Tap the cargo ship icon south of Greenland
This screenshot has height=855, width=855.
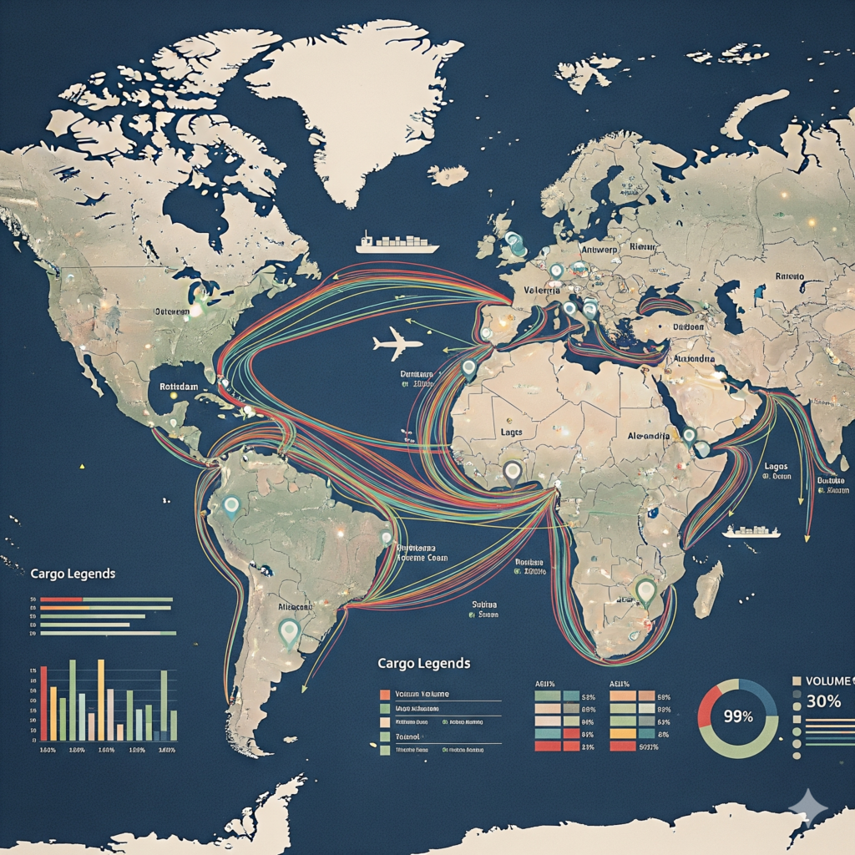pyautogui.click(x=397, y=244)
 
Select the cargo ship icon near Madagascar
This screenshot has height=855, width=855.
pyautogui.click(x=751, y=531)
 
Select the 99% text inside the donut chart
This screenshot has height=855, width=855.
pyautogui.click(x=738, y=716)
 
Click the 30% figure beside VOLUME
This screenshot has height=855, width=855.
pyautogui.click(x=823, y=701)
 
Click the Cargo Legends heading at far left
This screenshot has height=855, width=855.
pyautogui.click(x=73, y=574)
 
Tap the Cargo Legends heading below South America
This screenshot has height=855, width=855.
pyautogui.click(x=423, y=663)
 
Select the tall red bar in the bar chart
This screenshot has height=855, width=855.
pyautogui.click(x=43, y=703)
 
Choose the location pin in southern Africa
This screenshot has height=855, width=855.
pyautogui.click(x=645, y=591)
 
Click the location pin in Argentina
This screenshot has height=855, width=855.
pyautogui.click(x=290, y=632)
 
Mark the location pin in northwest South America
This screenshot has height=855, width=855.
pyautogui.click(x=231, y=503)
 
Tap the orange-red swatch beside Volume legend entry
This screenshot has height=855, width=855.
pyautogui.click(x=384, y=695)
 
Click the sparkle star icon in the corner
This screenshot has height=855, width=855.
pyautogui.click(x=808, y=807)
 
